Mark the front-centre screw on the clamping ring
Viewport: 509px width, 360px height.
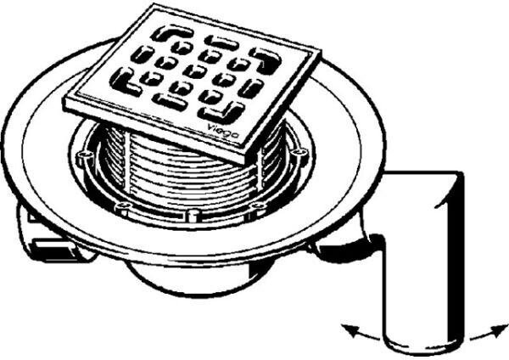click(193, 213)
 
